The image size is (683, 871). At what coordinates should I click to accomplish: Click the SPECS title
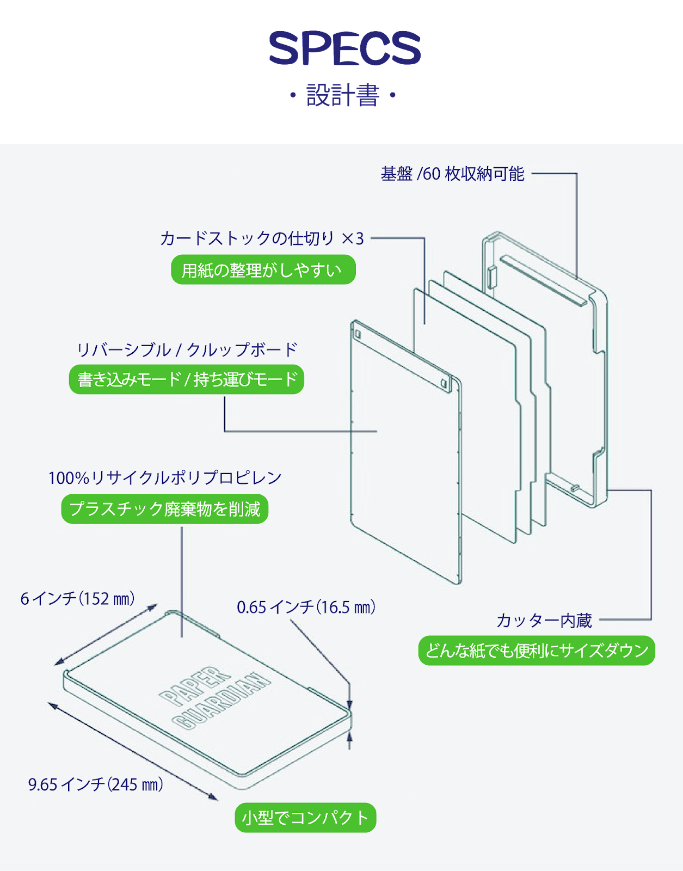point(344,49)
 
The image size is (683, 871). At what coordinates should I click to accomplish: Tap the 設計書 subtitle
point(342,95)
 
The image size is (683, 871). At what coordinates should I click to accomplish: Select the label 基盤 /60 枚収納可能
point(452,174)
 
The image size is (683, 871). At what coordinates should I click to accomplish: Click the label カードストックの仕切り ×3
point(262,238)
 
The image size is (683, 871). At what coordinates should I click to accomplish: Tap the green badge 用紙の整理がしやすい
point(263,270)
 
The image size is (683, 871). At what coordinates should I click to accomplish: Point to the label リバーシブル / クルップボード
point(187,349)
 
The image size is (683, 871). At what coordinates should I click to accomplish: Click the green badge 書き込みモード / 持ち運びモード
point(186,379)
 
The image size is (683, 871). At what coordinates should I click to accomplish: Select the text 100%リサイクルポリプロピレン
point(165,478)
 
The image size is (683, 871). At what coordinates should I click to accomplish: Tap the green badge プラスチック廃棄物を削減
point(164,509)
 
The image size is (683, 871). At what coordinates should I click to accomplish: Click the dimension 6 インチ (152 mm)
point(78,599)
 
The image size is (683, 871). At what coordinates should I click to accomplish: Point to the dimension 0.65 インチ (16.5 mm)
point(306,607)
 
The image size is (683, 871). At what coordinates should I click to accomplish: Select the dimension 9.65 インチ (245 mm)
point(95,784)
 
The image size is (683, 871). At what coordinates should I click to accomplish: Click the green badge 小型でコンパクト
point(305,818)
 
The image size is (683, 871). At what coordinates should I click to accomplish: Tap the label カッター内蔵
point(544,620)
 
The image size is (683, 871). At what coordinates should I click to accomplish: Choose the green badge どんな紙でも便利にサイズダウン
point(537,651)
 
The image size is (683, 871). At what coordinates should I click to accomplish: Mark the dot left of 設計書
point(293,96)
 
